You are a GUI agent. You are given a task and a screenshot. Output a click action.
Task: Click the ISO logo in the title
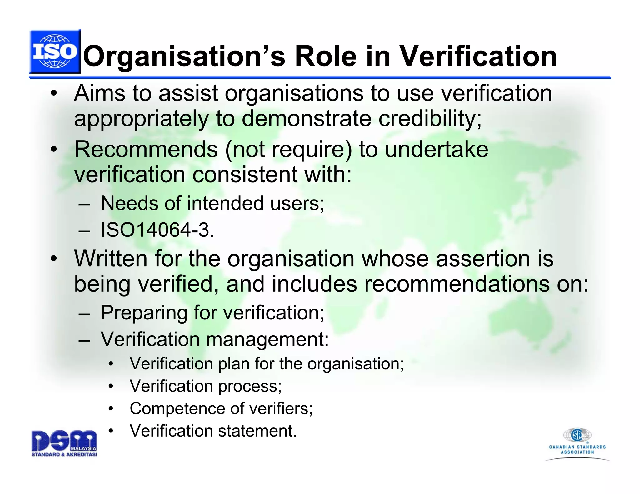point(55,52)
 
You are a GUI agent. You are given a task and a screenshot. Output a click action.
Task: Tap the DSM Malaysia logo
point(64,443)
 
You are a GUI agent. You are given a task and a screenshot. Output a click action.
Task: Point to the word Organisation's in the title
point(184,57)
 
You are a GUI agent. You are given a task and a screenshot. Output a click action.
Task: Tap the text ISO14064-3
point(157,230)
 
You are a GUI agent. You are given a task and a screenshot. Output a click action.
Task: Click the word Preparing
point(144,313)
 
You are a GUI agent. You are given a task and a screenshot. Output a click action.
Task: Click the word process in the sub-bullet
point(250,387)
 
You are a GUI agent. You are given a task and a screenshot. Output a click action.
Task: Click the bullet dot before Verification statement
point(111,431)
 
